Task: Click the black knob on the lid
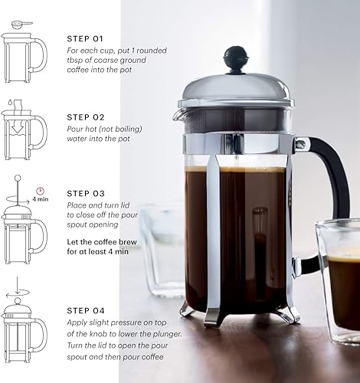pos(235,57)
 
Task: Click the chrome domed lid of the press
pos(234,88)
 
